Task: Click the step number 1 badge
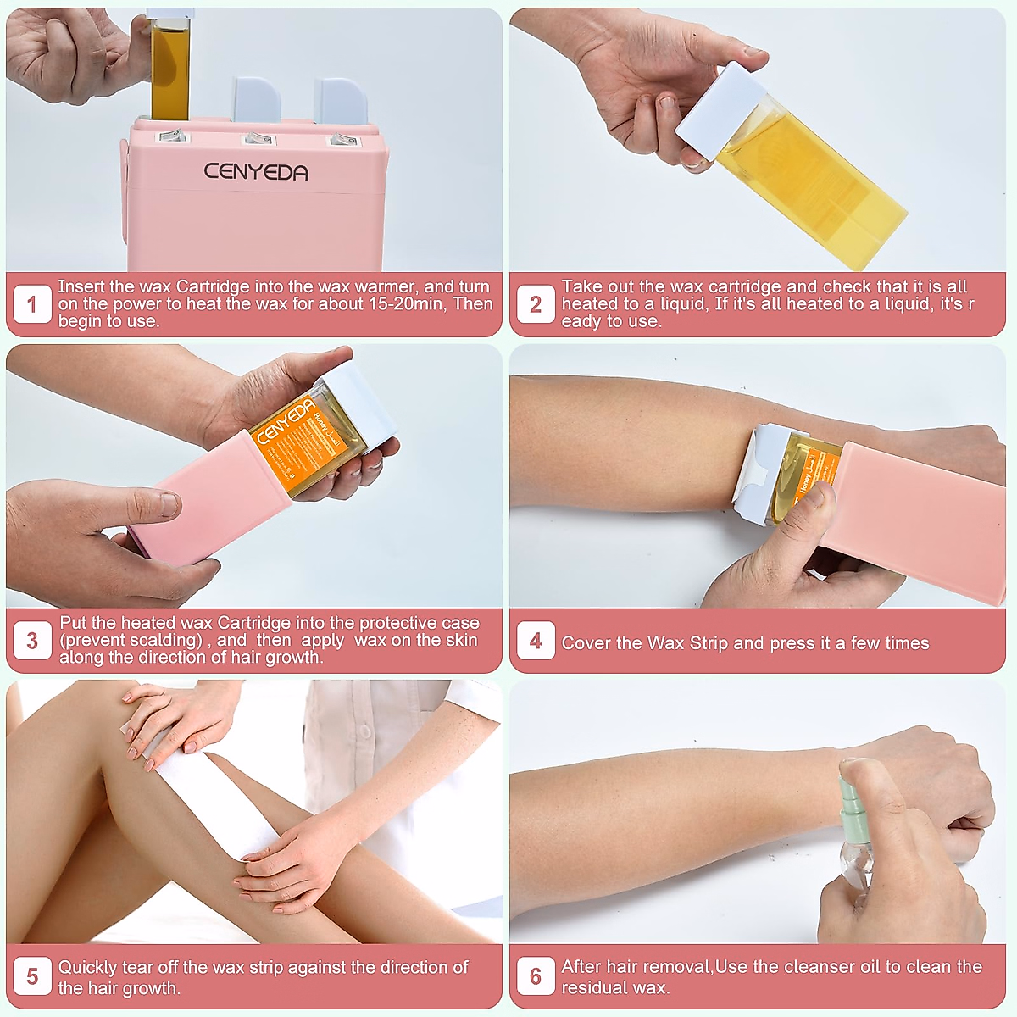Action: coord(31,304)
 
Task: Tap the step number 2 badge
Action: coord(536,304)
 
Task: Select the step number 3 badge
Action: coord(31,641)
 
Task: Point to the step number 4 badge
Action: coord(536,641)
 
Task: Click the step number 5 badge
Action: coord(31,977)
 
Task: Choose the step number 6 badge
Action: coord(536,977)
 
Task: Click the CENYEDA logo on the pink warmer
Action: coord(256,172)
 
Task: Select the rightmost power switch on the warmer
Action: coord(342,139)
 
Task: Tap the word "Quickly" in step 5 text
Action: coord(87,967)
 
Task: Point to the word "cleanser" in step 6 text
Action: coord(820,967)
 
